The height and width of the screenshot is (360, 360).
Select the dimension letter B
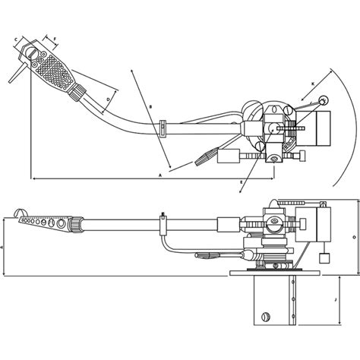[x=151, y=107]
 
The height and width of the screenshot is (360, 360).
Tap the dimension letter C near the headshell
[x=16, y=38]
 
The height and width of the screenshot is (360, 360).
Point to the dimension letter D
[x=108, y=99]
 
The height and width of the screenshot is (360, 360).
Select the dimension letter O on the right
[x=354, y=237]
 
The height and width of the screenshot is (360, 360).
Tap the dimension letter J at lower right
[x=335, y=300]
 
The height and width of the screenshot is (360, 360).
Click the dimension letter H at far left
[x=2, y=248]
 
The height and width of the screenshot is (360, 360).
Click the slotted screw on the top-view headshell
[x=31, y=52]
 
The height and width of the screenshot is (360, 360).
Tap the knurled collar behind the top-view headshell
[x=77, y=92]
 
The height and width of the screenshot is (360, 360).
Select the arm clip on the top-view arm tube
[x=163, y=127]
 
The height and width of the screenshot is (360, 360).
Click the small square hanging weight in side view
[x=324, y=258]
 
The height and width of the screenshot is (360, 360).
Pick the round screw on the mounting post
[x=265, y=317]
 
